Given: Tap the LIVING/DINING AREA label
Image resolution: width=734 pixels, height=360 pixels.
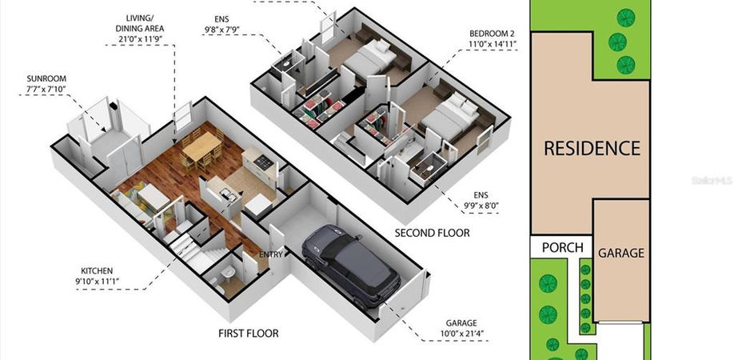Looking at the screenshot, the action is (x=140, y=23).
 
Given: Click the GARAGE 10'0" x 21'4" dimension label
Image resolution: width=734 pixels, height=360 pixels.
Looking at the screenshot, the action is (x=461, y=328).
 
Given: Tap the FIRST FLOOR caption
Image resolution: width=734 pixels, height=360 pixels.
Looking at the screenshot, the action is (x=249, y=334).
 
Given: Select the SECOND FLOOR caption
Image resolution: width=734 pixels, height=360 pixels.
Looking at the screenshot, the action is (x=432, y=233).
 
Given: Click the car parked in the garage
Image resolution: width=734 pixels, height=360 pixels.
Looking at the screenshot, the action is (x=352, y=265).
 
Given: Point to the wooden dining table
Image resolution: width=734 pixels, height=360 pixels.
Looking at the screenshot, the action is (x=201, y=146).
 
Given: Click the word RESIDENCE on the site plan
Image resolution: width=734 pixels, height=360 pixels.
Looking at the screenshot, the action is (x=592, y=149).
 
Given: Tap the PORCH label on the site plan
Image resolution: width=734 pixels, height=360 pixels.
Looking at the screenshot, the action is (x=563, y=248).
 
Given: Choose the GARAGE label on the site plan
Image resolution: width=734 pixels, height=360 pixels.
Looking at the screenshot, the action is (x=621, y=254).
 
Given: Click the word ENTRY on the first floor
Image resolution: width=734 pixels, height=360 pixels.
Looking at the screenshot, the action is (x=272, y=254).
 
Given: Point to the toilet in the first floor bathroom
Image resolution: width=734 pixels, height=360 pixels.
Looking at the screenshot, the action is (x=229, y=272).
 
